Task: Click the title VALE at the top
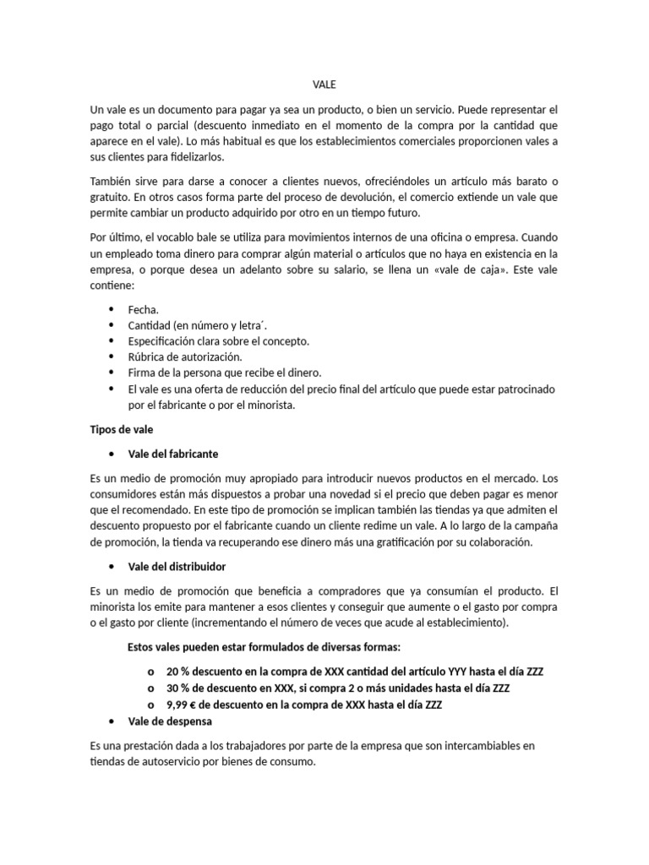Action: [x=324, y=84]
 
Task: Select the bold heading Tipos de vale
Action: [x=122, y=429]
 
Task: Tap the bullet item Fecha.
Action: [x=144, y=310]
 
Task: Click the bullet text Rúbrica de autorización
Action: [x=183, y=356]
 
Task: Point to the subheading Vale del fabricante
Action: [x=172, y=454]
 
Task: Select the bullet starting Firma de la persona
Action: [x=225, y=373]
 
